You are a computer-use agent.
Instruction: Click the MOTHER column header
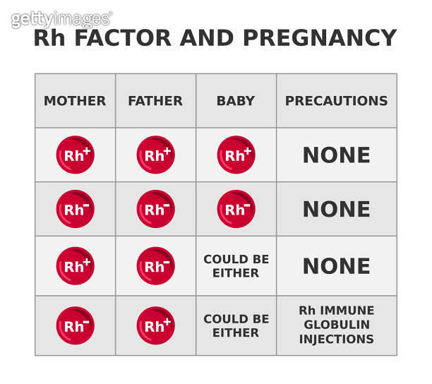(75, 101)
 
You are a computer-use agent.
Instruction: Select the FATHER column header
(155, 101)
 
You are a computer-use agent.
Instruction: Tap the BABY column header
(236, 101)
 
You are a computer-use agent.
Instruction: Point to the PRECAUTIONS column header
(336, 101)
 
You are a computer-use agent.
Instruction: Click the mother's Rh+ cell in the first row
(75, 155)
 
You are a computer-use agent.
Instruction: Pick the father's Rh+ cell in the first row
(155, 155)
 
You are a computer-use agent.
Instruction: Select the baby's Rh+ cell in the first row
(236, 155)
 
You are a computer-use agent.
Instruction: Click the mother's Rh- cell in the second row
(75, 209)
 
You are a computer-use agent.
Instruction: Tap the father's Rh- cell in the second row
(155, 209)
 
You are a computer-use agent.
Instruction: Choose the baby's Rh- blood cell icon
(236, 209)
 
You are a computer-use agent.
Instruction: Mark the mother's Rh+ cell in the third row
(75, 266)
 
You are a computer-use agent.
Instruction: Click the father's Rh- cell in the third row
(155, 266)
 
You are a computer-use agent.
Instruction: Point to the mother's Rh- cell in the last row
(75, 325)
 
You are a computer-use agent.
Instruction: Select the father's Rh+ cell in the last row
(155, 325)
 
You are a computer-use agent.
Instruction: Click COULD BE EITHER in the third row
(236, 266)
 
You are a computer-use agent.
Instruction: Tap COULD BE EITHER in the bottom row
(236, 325)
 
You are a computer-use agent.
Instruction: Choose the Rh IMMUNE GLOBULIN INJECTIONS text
(336, 325)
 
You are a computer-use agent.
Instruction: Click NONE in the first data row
(336, 155)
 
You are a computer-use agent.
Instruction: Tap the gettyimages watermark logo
(61, 19)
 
